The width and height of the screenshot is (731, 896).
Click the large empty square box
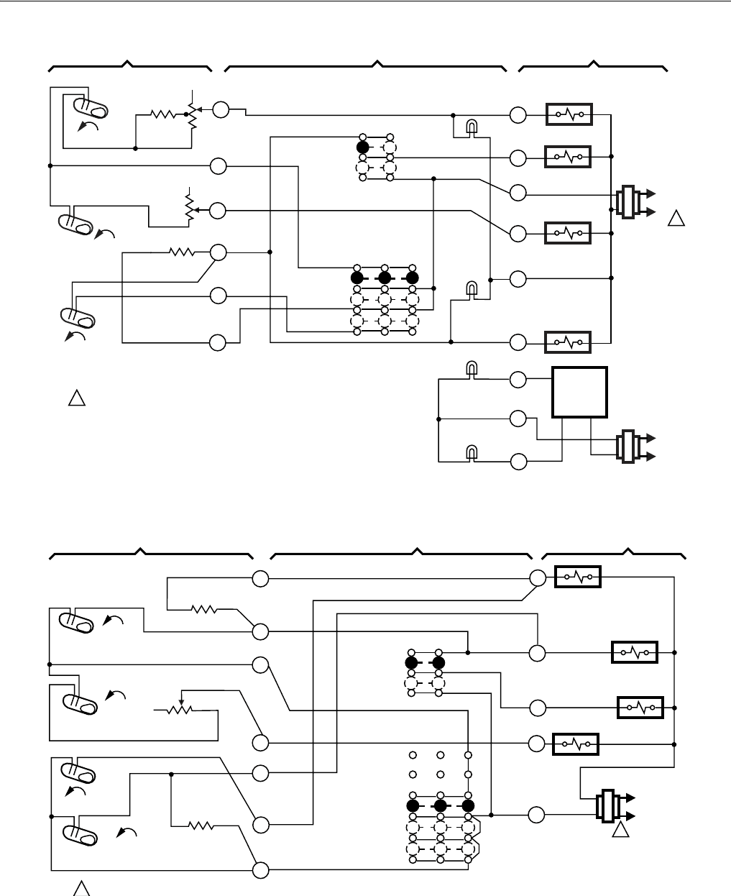click(579, 392)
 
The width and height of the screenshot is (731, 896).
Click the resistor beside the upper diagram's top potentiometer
click(163, 114)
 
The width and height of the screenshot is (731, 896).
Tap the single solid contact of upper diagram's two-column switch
click(362, 147)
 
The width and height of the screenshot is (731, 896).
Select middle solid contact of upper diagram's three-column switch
click(384, 278)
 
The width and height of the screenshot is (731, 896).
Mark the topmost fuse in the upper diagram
click(569, 114)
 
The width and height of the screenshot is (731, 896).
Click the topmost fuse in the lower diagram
click(578, 576)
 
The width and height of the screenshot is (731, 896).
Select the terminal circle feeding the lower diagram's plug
click(536, 815)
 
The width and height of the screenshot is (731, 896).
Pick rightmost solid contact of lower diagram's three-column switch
click(468, 805)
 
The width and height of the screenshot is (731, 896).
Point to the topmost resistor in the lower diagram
click(204, 609)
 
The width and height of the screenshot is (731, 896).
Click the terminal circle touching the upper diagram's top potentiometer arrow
click(220, 110)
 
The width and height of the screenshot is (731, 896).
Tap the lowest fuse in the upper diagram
click(569, 342)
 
